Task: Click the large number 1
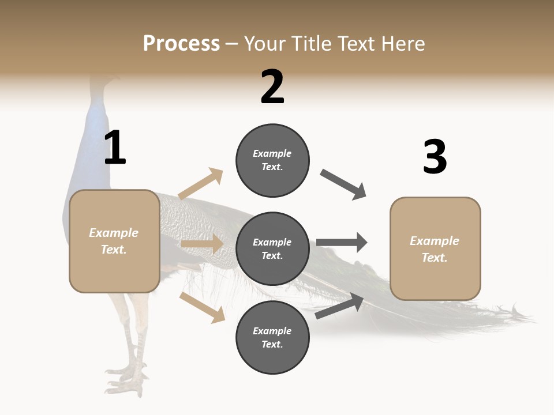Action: [115, 148]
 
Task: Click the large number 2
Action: [272, 88]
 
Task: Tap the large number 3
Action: [435, 157]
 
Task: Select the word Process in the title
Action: [181, 43]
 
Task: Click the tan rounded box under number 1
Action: [114, 241]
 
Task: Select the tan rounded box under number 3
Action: [435, 248]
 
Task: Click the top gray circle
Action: [272, 160]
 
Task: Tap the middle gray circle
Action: [272, 248]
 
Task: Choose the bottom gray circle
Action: [272, 337]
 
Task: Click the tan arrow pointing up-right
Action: [201, 183]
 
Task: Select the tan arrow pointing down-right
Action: [202, 307]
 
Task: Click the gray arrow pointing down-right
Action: [343, 184]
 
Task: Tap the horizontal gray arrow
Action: [342, 242]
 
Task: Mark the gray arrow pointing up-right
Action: [339, 306]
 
